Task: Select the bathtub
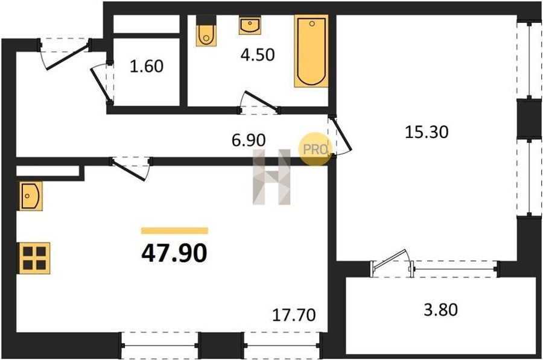311,51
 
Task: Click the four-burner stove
34,258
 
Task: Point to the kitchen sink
31,196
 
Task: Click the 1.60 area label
147,66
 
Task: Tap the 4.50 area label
258,55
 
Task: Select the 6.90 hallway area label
249,140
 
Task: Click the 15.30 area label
427,132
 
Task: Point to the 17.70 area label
294,315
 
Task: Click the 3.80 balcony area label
441,309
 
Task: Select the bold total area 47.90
174,253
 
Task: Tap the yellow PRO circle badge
314,149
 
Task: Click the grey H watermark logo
271,177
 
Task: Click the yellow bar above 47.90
174,230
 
